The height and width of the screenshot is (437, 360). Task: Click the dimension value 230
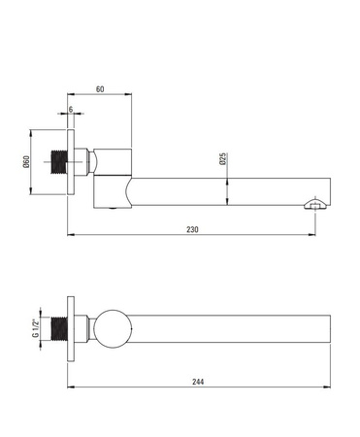(x=192, y=229)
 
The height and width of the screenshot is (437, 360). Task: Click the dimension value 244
(x=198, y=382)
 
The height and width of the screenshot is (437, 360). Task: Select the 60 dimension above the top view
(x=100, y=89)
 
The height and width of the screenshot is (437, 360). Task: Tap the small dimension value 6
(x=71, y=110)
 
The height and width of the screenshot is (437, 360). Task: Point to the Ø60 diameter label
(x=26, y=162)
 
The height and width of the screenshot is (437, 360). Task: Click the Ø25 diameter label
(x=222, y=159)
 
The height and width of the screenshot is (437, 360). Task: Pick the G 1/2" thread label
(x=35, y=328)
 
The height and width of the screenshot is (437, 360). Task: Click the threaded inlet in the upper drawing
(x=59, y=162)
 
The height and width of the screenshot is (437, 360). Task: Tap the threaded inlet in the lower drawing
(x=59, y=328)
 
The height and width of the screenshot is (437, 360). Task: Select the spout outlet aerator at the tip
(x=316, y=205)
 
